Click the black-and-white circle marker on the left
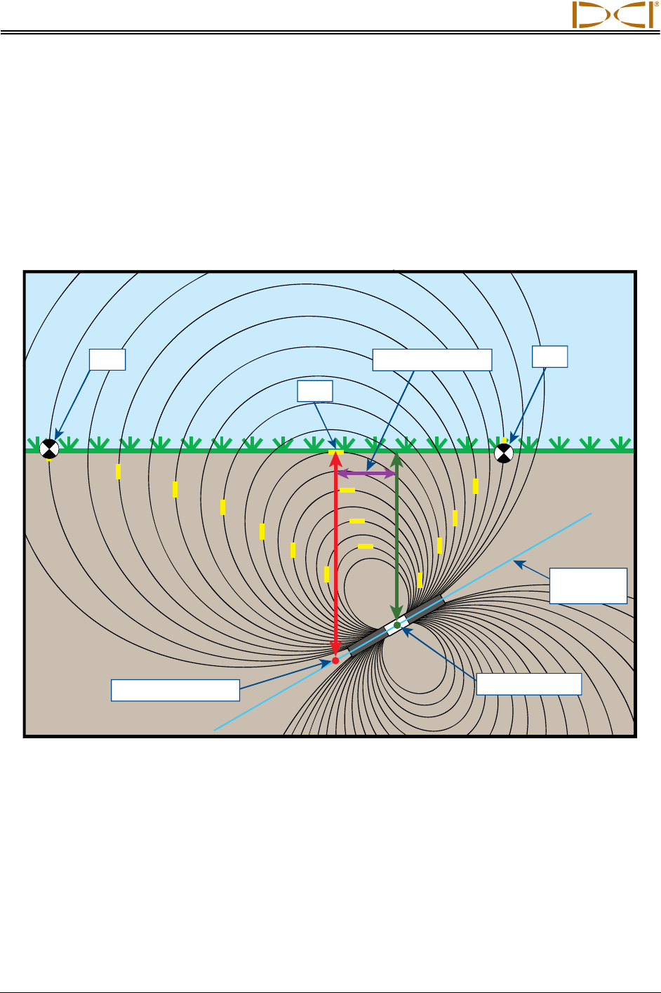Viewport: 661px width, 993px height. (48, 448)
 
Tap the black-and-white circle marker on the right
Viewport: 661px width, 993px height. (504, 453)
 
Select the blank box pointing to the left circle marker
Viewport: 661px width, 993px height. (107, 359)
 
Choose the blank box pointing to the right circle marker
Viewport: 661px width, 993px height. (549, 356)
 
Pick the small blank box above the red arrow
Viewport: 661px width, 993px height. (314, 391)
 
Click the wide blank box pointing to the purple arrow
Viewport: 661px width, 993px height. (432, 359)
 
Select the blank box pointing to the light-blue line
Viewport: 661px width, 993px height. (588, 586)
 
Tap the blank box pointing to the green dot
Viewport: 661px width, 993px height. (528, 684)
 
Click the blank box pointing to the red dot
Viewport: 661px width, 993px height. (175, 690)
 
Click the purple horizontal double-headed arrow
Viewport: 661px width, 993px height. (366, 474)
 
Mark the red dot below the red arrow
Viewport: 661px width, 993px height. (335, 660)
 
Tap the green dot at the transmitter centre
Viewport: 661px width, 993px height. (397, 625)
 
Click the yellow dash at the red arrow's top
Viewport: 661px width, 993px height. (336, 451)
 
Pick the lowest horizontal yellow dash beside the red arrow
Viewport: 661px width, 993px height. (365, 546)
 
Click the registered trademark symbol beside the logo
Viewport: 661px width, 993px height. (657, 4)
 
